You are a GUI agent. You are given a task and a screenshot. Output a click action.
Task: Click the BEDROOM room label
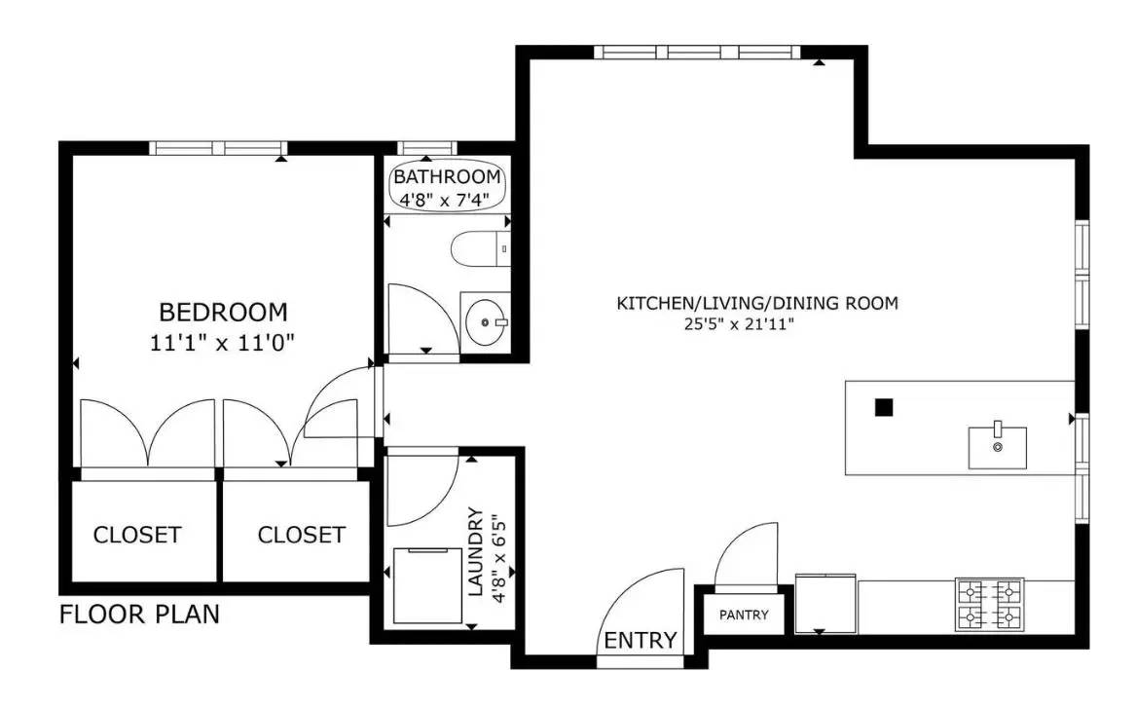tap(223, 313)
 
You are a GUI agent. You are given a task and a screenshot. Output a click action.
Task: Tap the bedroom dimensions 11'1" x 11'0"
tap(223, 342)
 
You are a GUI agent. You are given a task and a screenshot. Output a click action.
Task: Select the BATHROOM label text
tap(447, 177)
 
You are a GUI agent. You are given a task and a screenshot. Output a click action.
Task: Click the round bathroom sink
tap(485, 318)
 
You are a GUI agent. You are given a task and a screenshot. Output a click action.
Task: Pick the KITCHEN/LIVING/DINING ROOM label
tap(757, 303)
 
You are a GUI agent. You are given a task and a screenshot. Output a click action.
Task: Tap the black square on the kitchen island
tap(883, 408)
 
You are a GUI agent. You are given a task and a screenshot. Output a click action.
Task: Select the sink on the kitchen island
tap(997, 446)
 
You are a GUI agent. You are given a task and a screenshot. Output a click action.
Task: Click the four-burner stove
tap(990, 604)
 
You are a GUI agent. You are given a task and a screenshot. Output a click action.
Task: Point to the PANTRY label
tap(744, 615)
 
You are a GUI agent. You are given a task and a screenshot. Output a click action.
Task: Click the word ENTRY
tap(641, 640)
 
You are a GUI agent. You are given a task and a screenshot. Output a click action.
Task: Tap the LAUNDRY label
tap(476, 551)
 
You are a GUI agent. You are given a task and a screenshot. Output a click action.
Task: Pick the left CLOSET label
tap(137, 535)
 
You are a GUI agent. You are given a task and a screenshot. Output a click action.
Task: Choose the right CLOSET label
tap(301, 535)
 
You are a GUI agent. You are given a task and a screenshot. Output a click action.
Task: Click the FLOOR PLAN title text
tap(139, 615)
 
